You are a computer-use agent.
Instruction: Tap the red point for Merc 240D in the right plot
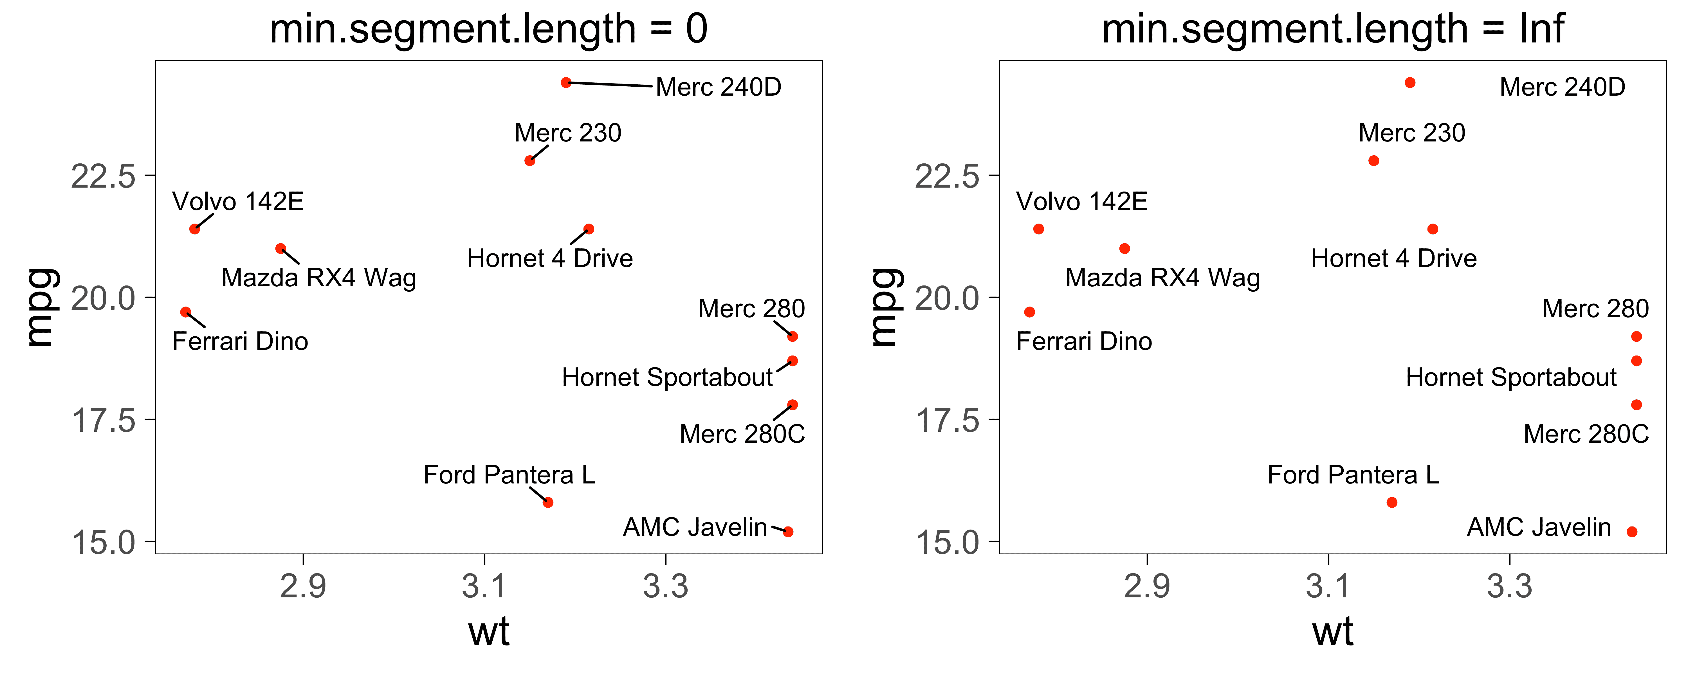[x=1410, y=83]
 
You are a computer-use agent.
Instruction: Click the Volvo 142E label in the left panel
[x=238, y=202]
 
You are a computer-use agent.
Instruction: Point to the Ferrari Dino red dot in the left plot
[x=185, y=312]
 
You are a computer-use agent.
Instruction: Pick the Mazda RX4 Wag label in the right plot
[x=1162, y=278]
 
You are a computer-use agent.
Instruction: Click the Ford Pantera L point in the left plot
[x=548, y=503]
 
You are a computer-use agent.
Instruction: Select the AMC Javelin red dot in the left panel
[x=788, y=532]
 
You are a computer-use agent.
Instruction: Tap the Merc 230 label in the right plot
[x=1411, y=133]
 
